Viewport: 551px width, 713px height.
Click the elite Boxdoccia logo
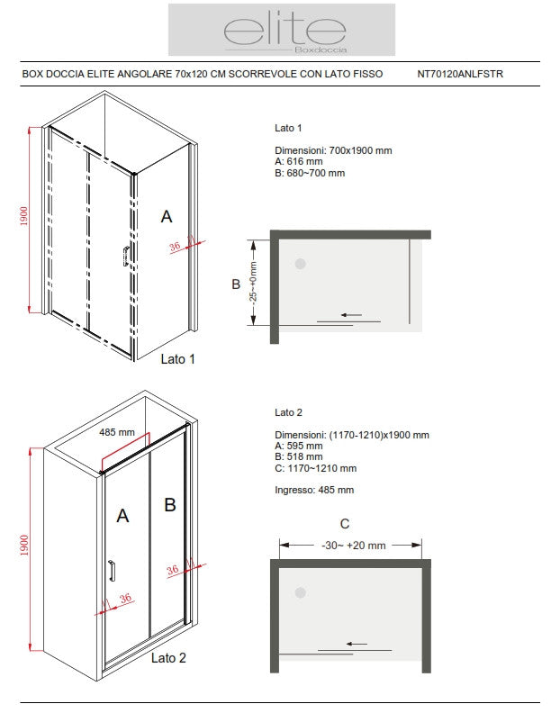pyautogui.click(x=281, y=31)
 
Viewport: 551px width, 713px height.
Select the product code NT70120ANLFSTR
pyautogui.click(x=461, y=75)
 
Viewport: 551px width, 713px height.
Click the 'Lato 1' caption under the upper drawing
pyautogui.click(x=177, y=359)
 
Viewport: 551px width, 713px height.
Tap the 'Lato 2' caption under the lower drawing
pyautogui.click(x=168, y=658)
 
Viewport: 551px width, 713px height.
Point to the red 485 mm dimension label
pyautogui.click(x=117, y=432)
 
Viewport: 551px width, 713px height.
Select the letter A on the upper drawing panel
pyautogui.click(x=166, y=216)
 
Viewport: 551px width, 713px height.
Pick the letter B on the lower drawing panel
pyautogui.click(x=169, y=505)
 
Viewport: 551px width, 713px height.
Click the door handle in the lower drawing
pyautogui.click(x=111, y=571)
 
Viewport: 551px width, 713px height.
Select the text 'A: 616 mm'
pyautogui.click(x=300, y=162)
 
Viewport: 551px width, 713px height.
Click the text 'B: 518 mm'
pyautogui.click(x=299, y=456)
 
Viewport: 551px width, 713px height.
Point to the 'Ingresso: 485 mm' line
pyautogui.click(x=314, y=490)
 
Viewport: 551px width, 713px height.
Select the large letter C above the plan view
pyautogui.click(x=345, y=524)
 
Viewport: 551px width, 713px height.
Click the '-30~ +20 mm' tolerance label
pyautogui.click(x=353, y=546)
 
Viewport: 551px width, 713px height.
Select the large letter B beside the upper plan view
pyautogui.click(x=236, y=284)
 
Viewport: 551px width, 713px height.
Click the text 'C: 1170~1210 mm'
pyautogui.click(x=315, y=468)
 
